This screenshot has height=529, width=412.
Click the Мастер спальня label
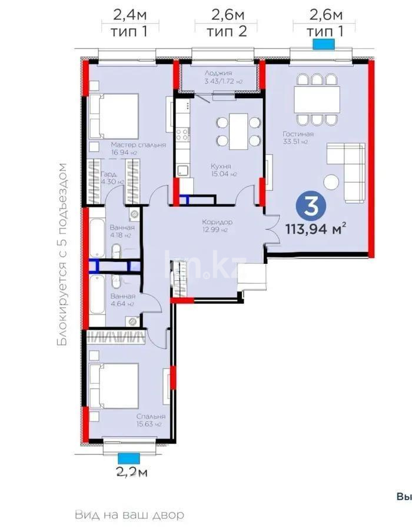[138, 145]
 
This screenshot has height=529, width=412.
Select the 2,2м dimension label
[131, 471]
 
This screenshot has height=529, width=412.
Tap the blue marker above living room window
[323, 43]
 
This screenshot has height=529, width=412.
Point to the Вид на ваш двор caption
[129, 515]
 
